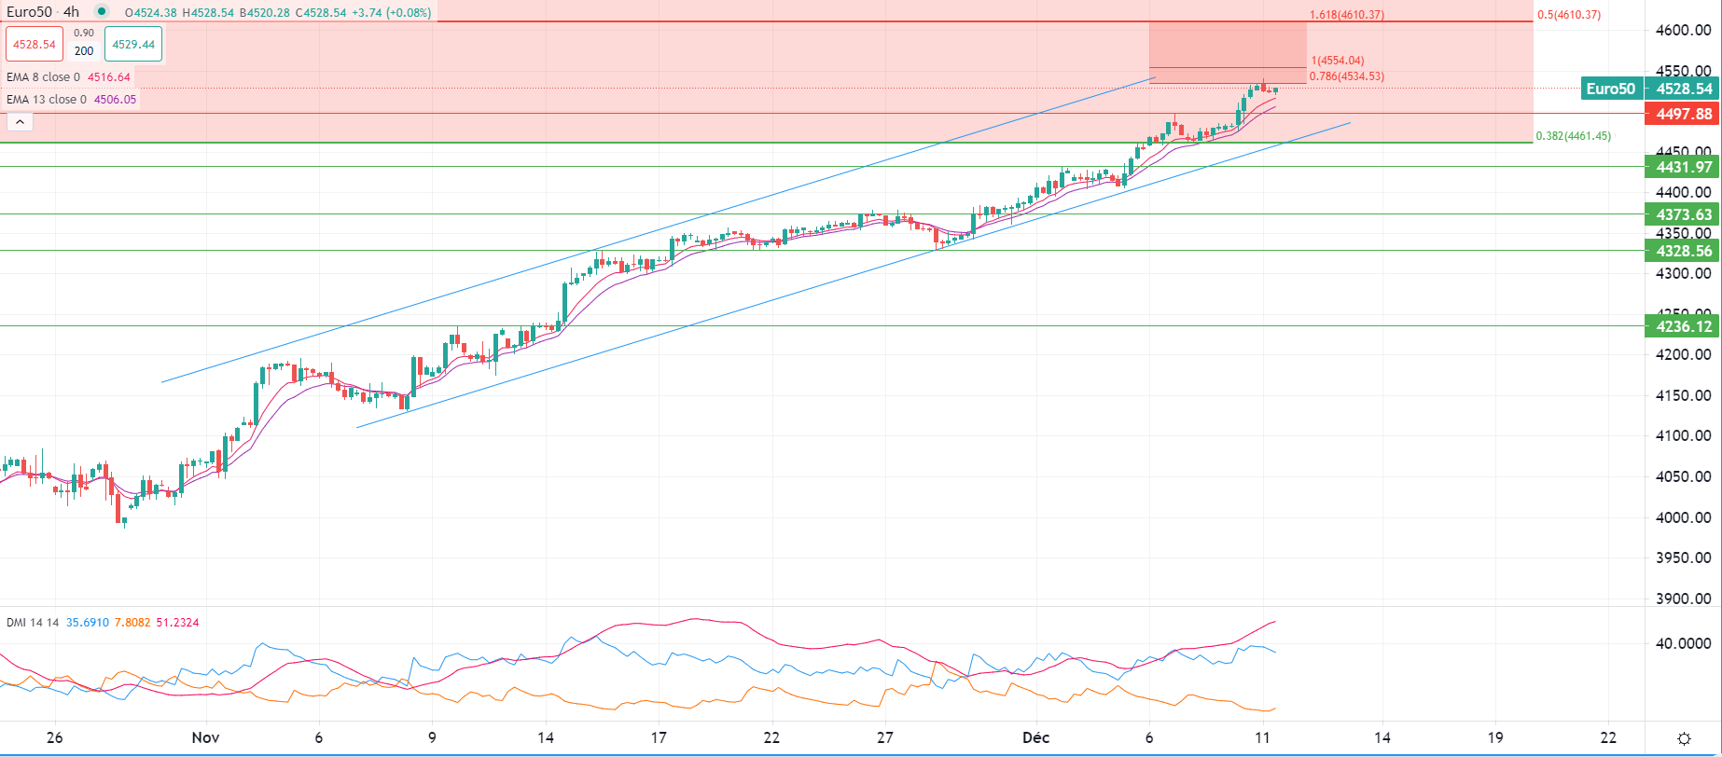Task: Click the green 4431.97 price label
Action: point(1683,167)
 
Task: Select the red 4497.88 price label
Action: point(1683,114)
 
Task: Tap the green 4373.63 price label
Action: point(1683,214)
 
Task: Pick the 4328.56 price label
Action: point(1683,251)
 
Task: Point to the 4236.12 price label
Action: point(1683,326)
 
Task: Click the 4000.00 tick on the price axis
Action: point(1683,517)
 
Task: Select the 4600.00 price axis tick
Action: point(1683,30)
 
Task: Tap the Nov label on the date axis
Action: point(205,737)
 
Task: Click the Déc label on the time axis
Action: point(1035,737)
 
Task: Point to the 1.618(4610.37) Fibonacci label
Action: point(1346,15)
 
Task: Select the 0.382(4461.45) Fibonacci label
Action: point(1573,136)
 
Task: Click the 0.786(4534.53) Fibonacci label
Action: point(1346,76)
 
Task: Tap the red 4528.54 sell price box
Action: point(35,44)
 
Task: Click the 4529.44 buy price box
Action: point(133,44)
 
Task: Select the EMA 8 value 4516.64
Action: point(109,77)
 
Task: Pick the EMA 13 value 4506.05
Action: point(115,100)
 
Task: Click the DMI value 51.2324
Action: point(177,623)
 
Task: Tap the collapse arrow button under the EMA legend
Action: point(20,122)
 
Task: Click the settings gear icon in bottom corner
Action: point(1684,738)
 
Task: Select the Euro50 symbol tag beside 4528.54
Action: point(1611,89)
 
